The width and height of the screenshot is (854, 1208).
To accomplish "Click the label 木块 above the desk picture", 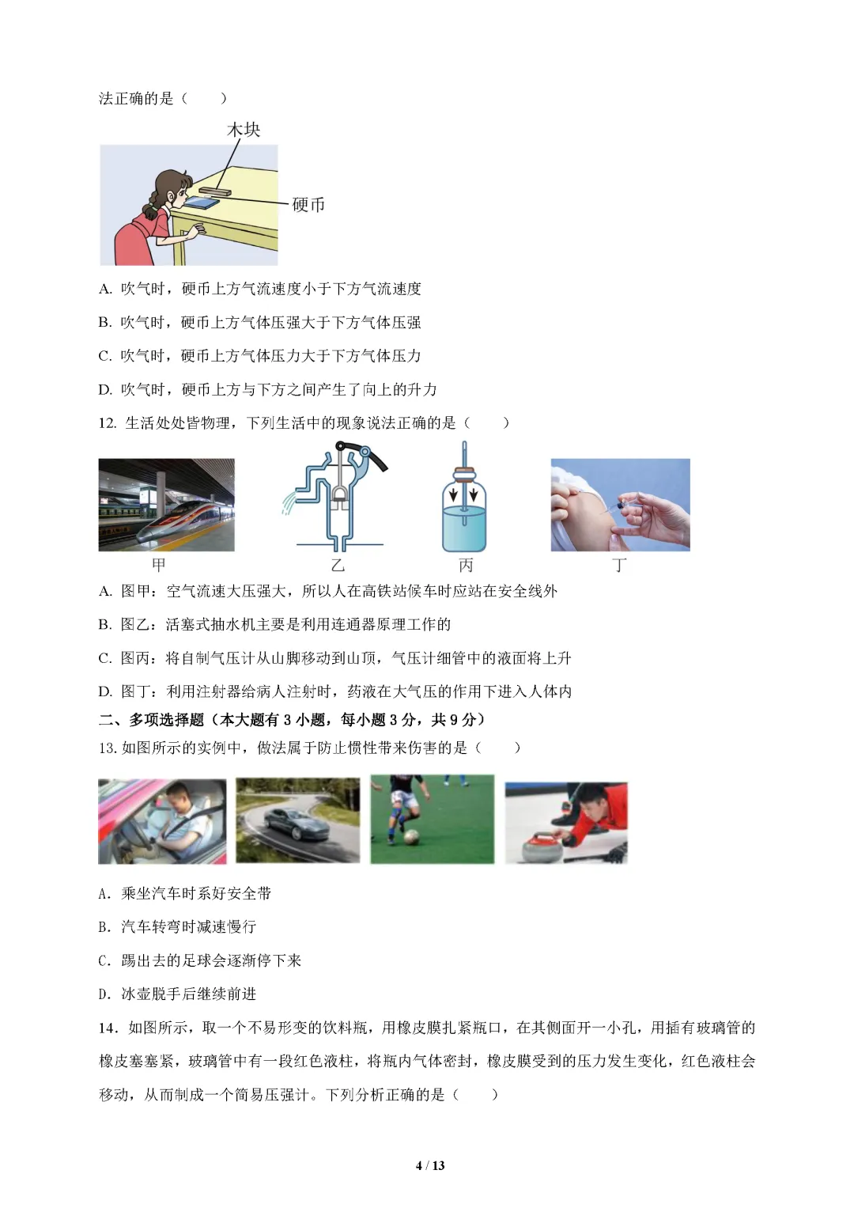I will pos(243,130).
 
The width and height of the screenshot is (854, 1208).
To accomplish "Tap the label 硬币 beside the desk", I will pos(308,205).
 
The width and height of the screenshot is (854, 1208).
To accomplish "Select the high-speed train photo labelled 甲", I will pos(166,505).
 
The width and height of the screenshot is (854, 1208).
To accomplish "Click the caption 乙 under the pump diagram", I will pos(338,566).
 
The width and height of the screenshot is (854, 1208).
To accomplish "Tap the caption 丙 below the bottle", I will pos(466,566).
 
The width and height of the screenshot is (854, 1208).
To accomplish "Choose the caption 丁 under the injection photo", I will pos(619,566).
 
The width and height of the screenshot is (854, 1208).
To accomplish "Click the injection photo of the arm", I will pos(620,505).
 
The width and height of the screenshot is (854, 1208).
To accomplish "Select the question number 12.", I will pos(108,423).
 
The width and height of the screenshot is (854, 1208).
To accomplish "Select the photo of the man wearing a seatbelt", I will pos(162,821).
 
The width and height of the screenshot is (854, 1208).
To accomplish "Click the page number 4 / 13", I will pos(430,1165).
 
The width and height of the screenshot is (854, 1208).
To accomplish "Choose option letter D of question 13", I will pos(104,994).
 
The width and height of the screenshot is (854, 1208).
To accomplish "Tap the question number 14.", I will pos(108,1028).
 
